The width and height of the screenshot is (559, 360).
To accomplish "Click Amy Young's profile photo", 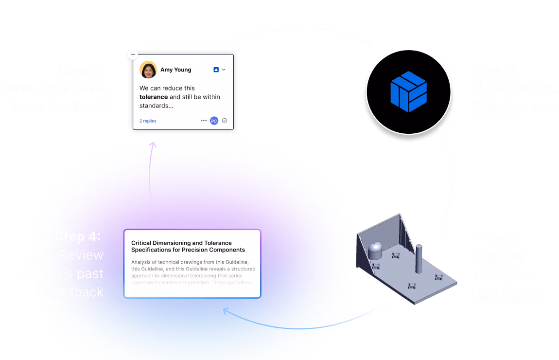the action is click(148, 70).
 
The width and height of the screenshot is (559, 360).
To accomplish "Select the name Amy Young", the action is click(176, 70).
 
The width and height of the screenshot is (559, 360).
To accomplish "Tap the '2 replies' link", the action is click(148, 121).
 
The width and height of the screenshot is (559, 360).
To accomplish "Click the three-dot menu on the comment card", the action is click(204, 121).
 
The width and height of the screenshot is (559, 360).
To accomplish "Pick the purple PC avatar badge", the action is click(214, 121).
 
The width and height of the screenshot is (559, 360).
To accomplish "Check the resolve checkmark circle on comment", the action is click(224, 121).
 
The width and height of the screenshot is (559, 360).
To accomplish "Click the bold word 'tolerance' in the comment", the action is click(154, 97).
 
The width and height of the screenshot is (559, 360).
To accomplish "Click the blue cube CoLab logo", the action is click(408, 91).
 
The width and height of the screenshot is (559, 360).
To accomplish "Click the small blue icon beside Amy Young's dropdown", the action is click(216, 70).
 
